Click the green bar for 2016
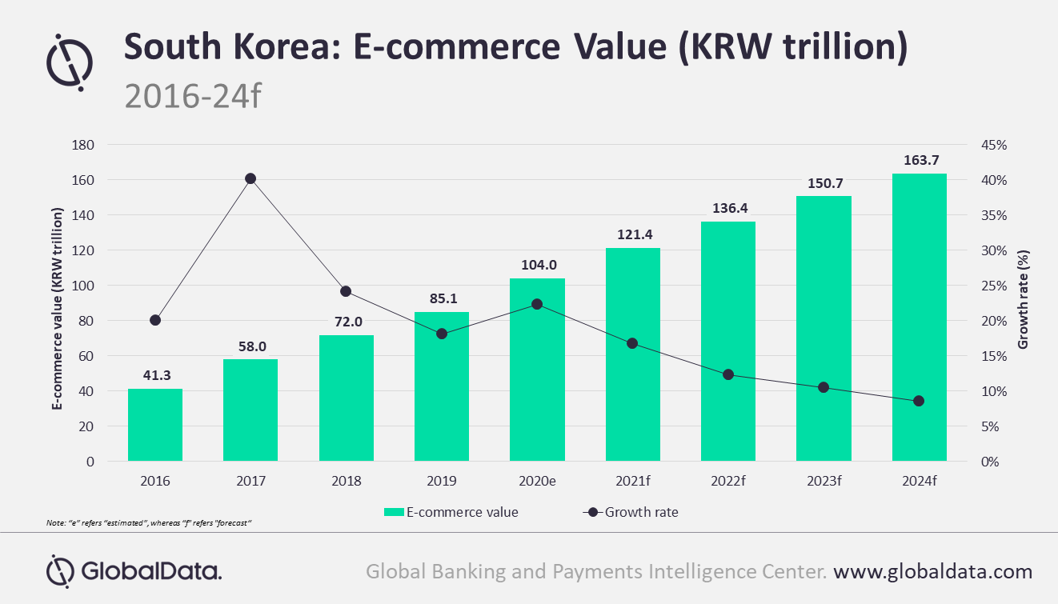(155, 425)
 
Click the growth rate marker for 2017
(250, 178)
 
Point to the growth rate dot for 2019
(442, 334)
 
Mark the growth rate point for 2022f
(728, 374)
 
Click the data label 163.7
(919, 161)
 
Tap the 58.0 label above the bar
(250, 346)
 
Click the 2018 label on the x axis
(346, 482)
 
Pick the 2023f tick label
(824, 482)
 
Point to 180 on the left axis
(82, 145)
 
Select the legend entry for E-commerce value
(451, 512)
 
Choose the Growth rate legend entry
(631, 512)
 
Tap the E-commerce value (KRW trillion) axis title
(57, 308)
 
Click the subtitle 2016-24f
(193, 95)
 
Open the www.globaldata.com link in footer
(932, 571)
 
